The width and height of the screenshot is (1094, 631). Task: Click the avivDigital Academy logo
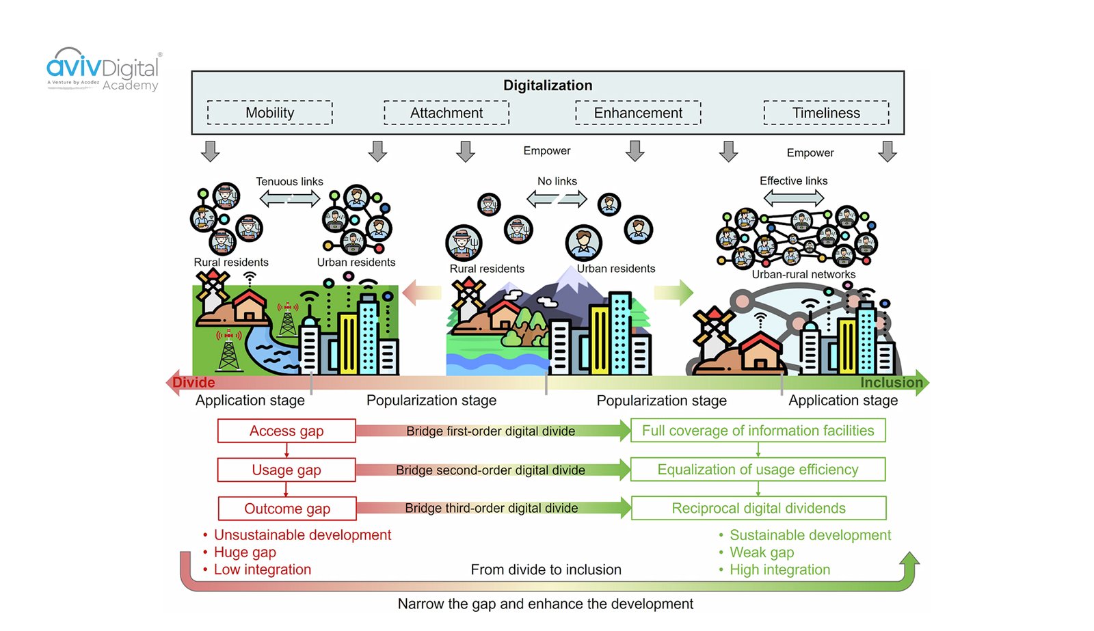point(103,70)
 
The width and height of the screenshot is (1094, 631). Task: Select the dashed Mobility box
point(270,113)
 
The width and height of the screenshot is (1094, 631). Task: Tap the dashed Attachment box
point(446,113)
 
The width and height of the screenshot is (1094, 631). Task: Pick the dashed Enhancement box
point(638,113)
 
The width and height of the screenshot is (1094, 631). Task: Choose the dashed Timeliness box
point(826,113)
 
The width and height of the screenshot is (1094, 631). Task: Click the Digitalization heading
point(548,85)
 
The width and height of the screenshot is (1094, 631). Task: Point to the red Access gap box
point(286,431)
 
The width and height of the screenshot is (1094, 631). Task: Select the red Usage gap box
point(286,470)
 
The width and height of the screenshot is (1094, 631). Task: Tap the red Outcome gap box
point(287,509)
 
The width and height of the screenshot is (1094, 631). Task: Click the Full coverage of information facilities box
point(758,431)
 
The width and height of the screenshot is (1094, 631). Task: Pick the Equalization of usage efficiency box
point(758,470)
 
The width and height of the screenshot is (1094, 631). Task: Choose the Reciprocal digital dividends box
point(758,509)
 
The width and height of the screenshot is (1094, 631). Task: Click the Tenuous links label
point(289,181)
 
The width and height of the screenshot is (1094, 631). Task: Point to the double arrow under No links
point(557,198)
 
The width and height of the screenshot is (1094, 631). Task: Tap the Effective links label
point(793,180)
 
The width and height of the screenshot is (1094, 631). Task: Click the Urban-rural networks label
point(803,274)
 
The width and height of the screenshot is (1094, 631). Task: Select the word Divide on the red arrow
point(194,383)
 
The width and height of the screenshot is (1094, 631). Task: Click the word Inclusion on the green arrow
point(891,383)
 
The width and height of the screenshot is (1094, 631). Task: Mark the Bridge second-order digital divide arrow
point(491,470)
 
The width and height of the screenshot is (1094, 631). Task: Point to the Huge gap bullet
point(245,552)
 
